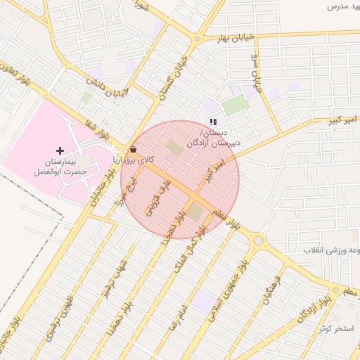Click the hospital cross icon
click(x=60, y=150)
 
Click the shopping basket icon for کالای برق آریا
click(x=134, y=150)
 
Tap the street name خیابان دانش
click(x=110, y=89)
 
